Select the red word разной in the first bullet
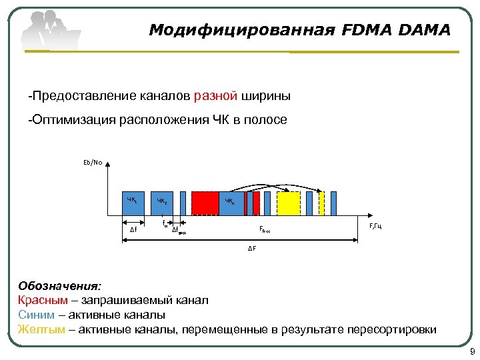(216, 97)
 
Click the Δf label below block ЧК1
(133, 230)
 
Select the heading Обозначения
(60, 287)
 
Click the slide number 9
(471, 351)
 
